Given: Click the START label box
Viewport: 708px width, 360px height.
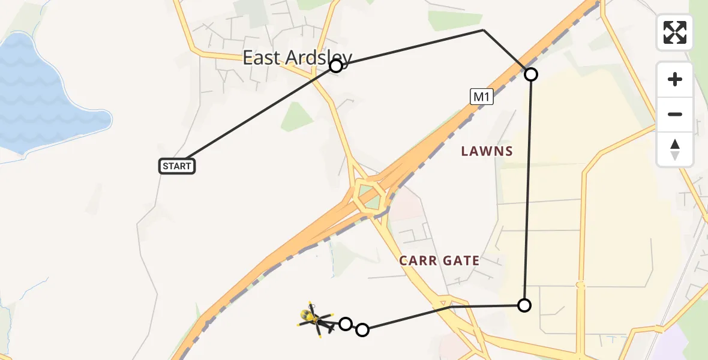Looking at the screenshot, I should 177,166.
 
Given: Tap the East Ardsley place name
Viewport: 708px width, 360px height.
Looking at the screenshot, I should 296,58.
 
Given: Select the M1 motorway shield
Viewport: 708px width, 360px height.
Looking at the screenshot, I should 481,97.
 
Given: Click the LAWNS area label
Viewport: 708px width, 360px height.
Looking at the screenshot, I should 487,151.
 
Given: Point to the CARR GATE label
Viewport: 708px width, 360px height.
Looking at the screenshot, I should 439,260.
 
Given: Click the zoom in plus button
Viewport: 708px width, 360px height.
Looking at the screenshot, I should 675,79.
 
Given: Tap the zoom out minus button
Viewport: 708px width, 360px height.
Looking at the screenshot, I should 675,114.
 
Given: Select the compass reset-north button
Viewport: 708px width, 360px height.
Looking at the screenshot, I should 675,149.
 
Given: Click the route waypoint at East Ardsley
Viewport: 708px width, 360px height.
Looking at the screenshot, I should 336,66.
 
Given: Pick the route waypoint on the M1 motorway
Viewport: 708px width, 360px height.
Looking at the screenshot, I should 531,74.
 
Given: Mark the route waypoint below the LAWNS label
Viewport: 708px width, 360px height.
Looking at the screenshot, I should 524,305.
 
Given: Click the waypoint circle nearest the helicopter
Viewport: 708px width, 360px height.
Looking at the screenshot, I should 345,324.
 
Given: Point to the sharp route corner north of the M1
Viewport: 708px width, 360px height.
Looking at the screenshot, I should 484,29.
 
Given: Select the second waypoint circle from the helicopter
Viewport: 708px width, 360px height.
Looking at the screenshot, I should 362,329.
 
